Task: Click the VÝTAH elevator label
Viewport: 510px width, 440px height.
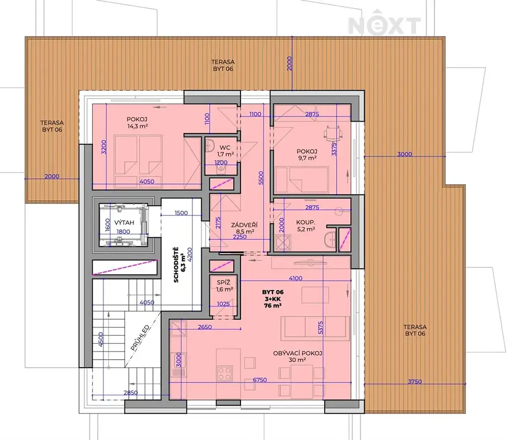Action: (x=124, y=223)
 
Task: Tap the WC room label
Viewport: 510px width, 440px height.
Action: (x=225, y=148)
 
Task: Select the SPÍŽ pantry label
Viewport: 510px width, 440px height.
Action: (x=224, y=283)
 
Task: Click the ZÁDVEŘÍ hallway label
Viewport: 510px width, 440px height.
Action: (x=244, y=225)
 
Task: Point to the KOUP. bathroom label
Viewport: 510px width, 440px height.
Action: (x=305, y=222)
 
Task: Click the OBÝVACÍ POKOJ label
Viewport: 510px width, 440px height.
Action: (x=298, y=353)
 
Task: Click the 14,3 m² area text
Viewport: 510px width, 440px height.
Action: (x=137, y=126)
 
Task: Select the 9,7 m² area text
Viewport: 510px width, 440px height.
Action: (x=307, y=158)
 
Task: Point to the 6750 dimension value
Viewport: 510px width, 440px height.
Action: (x=260, y=380)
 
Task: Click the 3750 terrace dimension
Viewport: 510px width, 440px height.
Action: (x=415, y=381)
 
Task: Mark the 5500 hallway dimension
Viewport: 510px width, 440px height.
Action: (x=261, y=178)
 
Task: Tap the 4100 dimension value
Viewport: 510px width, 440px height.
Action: (x=295, y=278)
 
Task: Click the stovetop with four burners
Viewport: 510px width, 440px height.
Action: (x=225, y=373)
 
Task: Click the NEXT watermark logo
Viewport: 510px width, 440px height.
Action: (x=384, y=25)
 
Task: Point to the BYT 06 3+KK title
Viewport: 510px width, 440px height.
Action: (x=273, y=298)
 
